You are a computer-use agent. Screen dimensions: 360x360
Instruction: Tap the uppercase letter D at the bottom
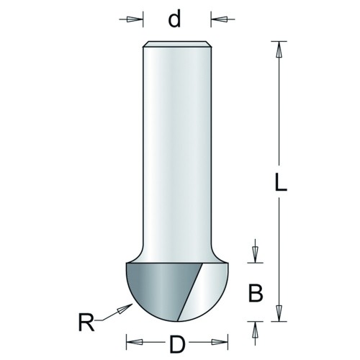click(x=177, y=344)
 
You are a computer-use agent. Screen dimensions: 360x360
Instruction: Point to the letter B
click(x=256, y=293)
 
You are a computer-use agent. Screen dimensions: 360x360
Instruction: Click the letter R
click(x=86, y=323)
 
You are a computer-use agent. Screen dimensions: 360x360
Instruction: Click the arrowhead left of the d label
click(x=134, y=19)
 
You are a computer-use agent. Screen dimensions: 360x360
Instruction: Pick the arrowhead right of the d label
click(x=220, y=19)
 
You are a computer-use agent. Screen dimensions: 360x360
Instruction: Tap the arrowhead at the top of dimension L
click(x=279, y=50)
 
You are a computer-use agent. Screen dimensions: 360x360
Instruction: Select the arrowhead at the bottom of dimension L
click(x=279, y=313)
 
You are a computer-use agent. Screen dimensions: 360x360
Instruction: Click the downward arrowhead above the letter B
click(x=256, y=255)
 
